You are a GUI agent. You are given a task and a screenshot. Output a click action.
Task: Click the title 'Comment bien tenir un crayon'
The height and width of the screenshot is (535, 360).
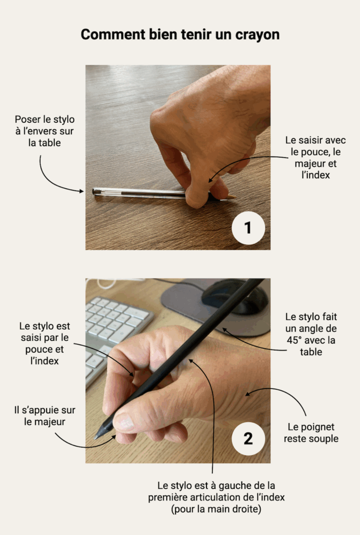click(x=180, y=34)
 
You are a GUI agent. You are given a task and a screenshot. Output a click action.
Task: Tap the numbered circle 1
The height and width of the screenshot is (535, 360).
click(x=248, y=228)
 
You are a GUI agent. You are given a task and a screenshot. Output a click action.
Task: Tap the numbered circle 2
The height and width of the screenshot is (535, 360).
click(x=248, y=438)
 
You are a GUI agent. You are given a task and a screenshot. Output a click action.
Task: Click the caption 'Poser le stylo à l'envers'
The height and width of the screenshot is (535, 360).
click(x=44, y=131)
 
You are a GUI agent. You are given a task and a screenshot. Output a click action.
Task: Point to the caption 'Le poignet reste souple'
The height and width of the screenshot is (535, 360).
click(x=311, y=433)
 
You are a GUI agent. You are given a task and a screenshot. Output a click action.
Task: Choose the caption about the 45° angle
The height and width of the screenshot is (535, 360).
click(x=311, y=334)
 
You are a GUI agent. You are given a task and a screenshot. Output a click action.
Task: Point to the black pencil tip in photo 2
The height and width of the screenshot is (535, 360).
click(x=98, y=435)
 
